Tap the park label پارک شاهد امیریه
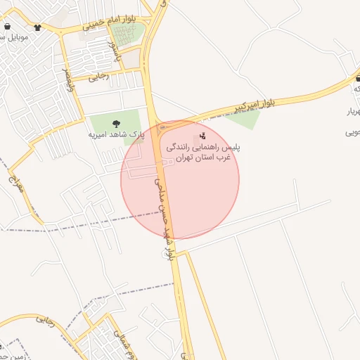[116, 133]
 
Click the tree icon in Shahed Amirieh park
[116, 123]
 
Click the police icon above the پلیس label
[203, 135]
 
